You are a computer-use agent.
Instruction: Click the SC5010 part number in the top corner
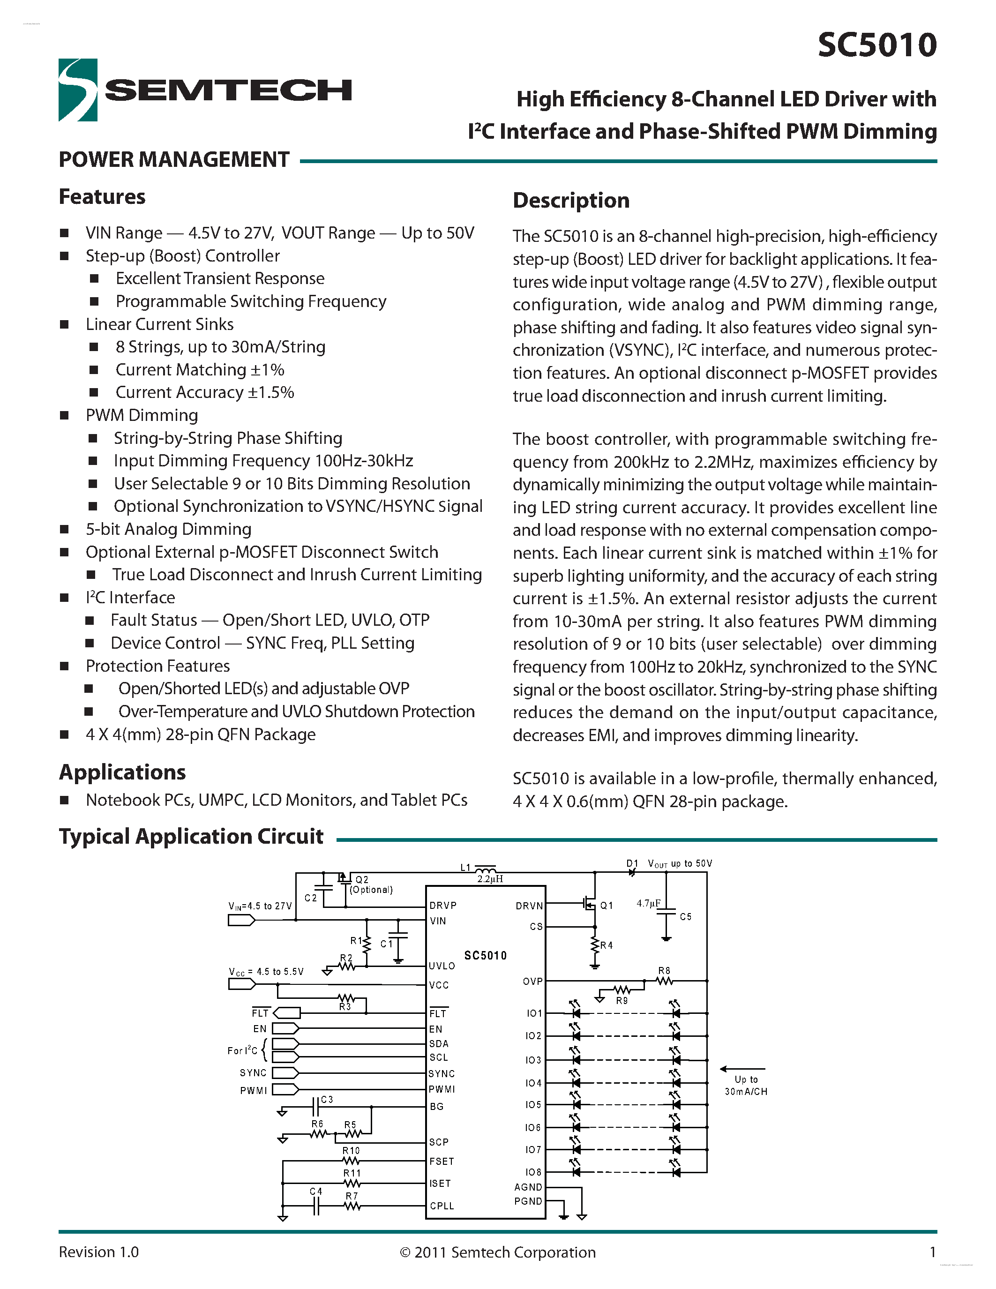click(877, 45)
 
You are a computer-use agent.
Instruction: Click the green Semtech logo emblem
click(77, 90)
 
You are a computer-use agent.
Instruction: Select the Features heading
click(102, 196)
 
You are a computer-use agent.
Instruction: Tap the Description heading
click(570, 200)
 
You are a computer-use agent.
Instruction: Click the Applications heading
click(122, 772)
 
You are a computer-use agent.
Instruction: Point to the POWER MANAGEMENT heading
click(174, 159)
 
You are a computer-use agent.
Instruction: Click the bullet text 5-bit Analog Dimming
click(168, 529)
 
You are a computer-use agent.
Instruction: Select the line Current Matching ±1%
click(200, 369)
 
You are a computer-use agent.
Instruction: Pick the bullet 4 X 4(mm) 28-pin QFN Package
click(200, 734)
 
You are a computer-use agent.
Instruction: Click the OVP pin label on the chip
click(532, 981)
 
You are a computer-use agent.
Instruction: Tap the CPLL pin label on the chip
click(442, 1206)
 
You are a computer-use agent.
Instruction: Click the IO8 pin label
click(533, 1171)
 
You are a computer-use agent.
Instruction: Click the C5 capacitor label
click(685, 916)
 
